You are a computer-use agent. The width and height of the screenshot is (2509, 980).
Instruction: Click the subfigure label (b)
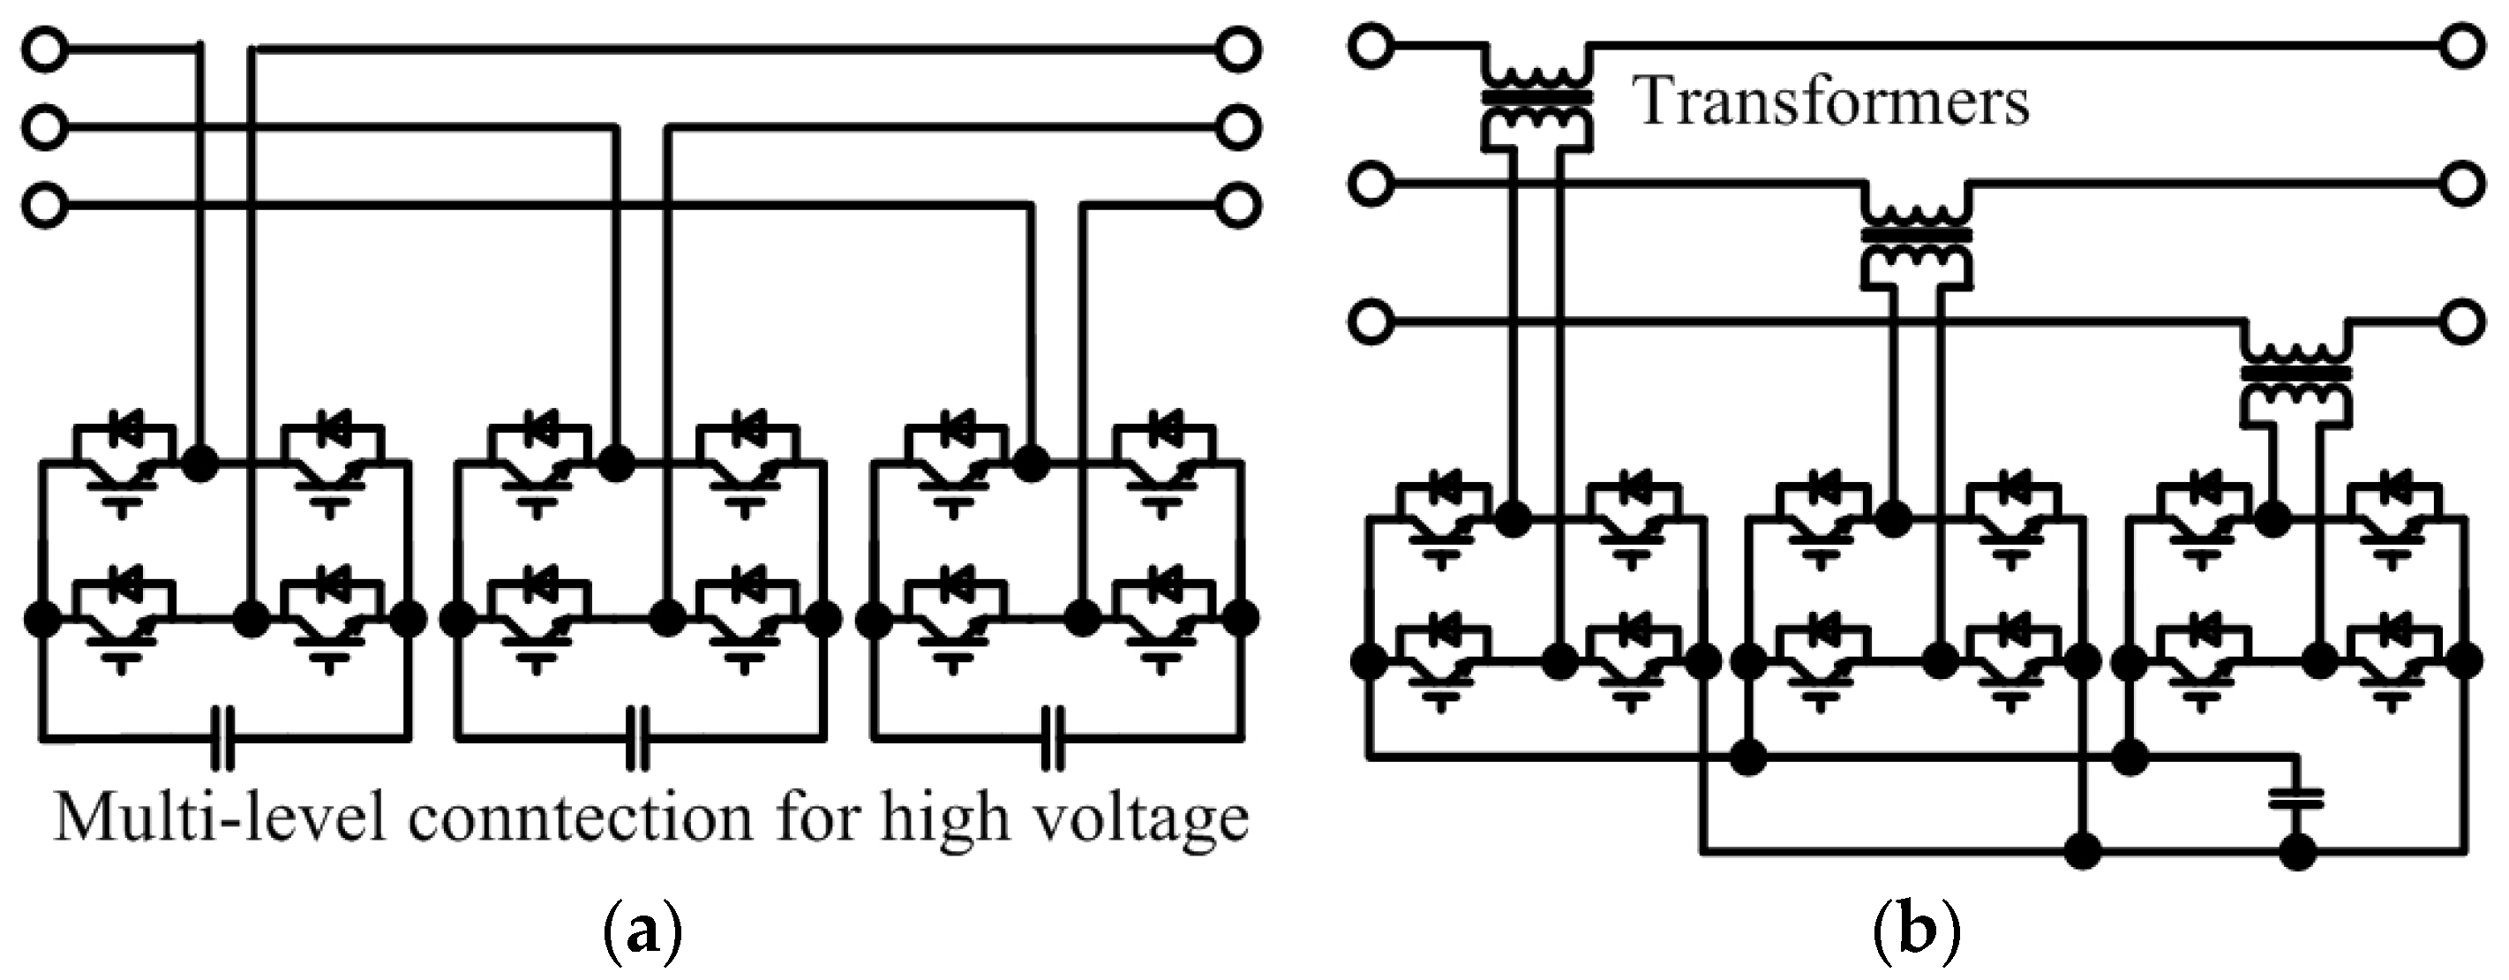click(1915, 933)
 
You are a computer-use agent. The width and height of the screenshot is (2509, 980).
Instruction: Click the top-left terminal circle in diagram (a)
click(45, 49)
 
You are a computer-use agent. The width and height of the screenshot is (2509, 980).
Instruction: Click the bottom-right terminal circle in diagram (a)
click(1238, 207)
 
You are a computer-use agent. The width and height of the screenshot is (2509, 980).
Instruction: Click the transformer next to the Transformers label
click(1538, 100)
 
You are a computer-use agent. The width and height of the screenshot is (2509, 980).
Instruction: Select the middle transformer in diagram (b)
click(1917, 237)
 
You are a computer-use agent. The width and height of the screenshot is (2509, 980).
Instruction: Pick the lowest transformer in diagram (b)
click(2296, 375)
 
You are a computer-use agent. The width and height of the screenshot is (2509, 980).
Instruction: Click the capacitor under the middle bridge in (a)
click(638, 737)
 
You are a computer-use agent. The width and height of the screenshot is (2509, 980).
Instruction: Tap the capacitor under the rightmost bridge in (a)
click(1054, 737)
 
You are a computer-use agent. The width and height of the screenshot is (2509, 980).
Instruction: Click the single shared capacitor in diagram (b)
click(2296, 799)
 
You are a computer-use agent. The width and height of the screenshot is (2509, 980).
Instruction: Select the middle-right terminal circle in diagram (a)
click(1238, 128)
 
